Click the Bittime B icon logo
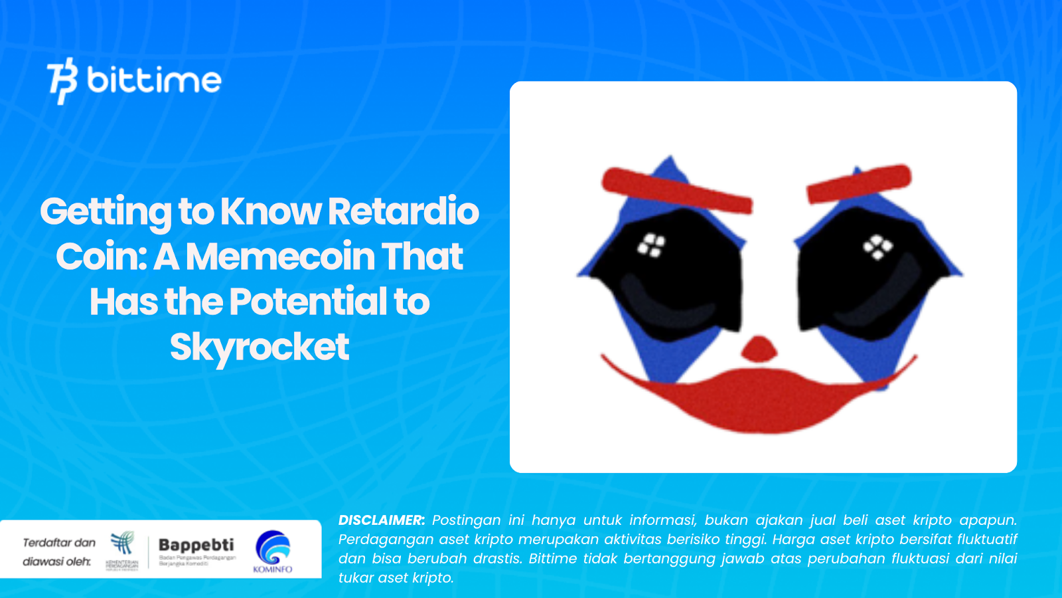coord(62,81)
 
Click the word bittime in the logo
coord(154,81)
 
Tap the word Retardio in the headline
coord(403,211)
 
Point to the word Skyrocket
coord(259,347)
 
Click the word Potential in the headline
coord(308,302)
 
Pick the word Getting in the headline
coord(106,211)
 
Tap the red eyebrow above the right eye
coord(858,184)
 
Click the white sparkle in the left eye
coord(651,245)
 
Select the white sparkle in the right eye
coord(877,247)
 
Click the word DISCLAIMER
coord(381,520)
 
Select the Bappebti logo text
coord(196,545)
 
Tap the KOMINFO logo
coord(273,551)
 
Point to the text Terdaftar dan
coord(59,543)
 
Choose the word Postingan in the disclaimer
coord(467,520)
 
